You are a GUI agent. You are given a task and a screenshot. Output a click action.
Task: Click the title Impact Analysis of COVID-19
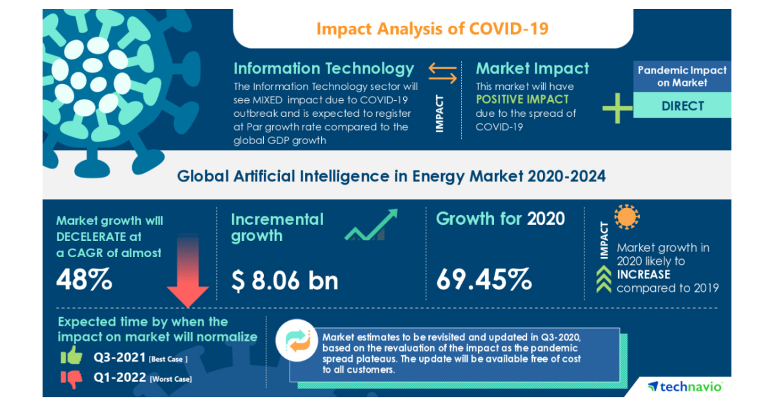tap(433, 29)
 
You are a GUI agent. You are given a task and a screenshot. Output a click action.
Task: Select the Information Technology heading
tap(323, 68)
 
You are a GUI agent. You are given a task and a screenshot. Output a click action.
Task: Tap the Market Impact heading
tap(532, 68)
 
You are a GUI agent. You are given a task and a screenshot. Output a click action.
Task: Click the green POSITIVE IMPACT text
tap(522, 99)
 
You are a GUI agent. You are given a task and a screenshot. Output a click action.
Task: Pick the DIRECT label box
tap(682, 106)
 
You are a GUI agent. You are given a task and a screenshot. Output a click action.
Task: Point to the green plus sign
tap(618, 107)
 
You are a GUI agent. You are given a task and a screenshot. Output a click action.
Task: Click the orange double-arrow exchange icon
tap(443, 73)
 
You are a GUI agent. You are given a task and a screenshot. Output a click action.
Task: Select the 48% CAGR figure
tap(84, 280)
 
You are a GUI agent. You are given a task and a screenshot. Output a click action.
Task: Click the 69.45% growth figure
tap(484, 280)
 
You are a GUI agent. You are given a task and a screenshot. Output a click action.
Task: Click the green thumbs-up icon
tap(72, 355)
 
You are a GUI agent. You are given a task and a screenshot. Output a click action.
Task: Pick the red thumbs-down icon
tap(72, 378)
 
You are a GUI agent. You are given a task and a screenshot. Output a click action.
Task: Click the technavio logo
tap(685, 386)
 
